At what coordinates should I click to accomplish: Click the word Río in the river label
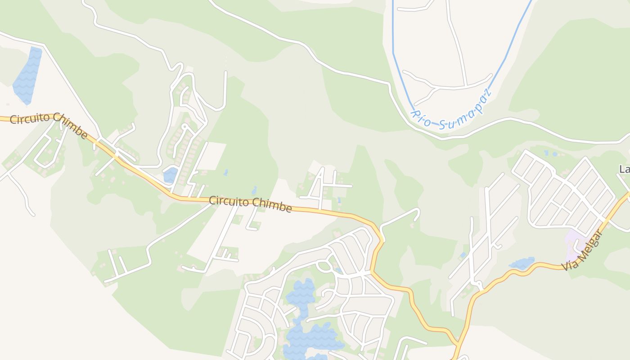coord(422,116)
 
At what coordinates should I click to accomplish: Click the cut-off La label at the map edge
coord(625,169)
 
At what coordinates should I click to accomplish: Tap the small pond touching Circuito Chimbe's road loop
coord(171,175)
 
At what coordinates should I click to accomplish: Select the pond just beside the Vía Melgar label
coord(522,263)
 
